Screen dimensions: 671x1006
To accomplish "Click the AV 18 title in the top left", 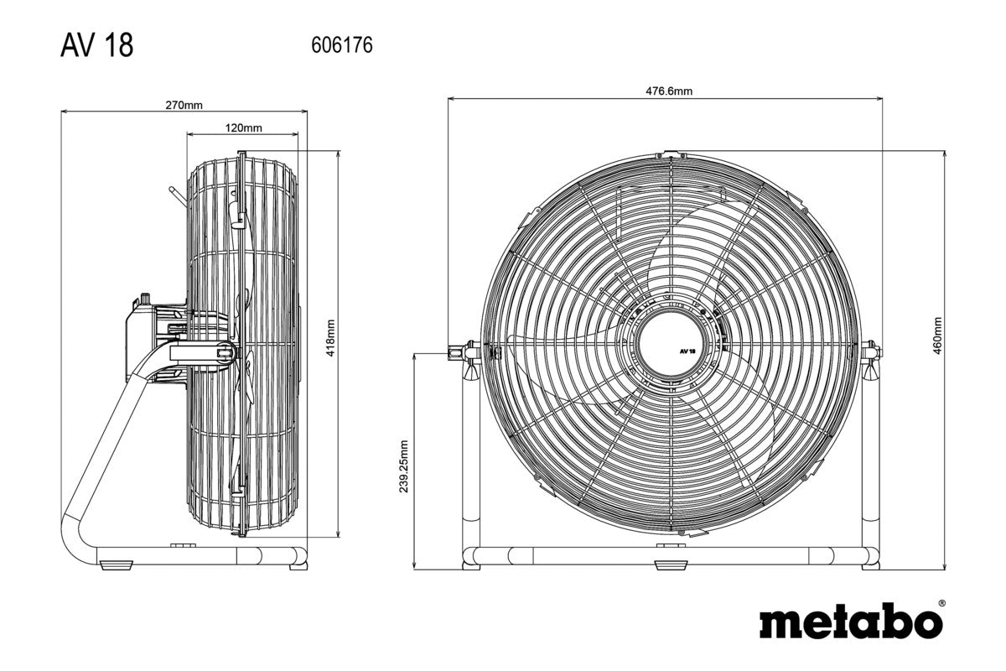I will pos(96,45).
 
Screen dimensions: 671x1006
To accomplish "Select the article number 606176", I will pos(341,45).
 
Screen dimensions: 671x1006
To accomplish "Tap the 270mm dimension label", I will pos(183,106).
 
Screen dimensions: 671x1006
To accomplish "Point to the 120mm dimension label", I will pos(243,127).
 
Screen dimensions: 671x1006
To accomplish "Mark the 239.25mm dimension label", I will pos(404,466).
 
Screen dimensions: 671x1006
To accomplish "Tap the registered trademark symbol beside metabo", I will pos(941,603).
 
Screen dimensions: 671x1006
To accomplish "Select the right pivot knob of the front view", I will pos(872,350).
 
